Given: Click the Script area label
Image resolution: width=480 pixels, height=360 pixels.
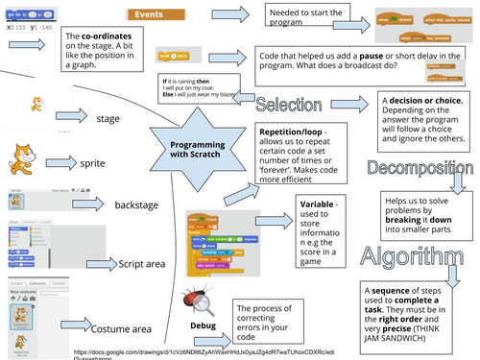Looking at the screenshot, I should (x=142, y=261).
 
